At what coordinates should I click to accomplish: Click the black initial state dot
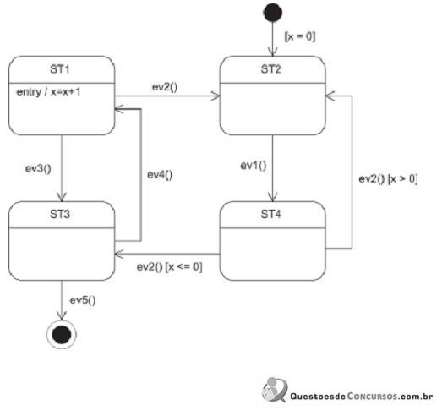[x=273, y=13]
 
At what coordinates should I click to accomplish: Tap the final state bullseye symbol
[x=62, y=335]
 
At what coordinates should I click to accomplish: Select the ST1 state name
[x=60, y=69]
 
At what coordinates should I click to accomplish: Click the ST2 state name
[x=271, y=69]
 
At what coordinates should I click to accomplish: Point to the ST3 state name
[x=60, y=215]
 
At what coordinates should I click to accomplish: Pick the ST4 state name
[x=271, y=215]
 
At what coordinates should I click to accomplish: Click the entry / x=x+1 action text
[x=48, y=92]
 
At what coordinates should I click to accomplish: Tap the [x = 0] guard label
[x=300, y=36]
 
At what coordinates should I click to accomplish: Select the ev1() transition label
[x=254, y=166]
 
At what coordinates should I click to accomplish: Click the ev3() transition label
[x=38, y=168]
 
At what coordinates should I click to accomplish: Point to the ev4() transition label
[x=160, y=175]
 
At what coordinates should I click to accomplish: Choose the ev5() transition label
[x=83, y=301]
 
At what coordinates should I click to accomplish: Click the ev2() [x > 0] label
[x=388, y=178]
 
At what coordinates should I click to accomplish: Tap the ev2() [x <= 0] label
[x=169, y=267]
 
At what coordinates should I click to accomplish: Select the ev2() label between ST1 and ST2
[x=165, y=87]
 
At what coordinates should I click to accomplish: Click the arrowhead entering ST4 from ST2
[x=273, y=197]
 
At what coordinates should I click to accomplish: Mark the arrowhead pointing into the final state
[x=62, y=315]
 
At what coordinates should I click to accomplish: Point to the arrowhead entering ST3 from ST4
[x=119, y=255]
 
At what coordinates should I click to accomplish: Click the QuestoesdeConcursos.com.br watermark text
[x=362, y=397]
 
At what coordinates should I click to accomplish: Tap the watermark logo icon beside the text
[x=275, y=390]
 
